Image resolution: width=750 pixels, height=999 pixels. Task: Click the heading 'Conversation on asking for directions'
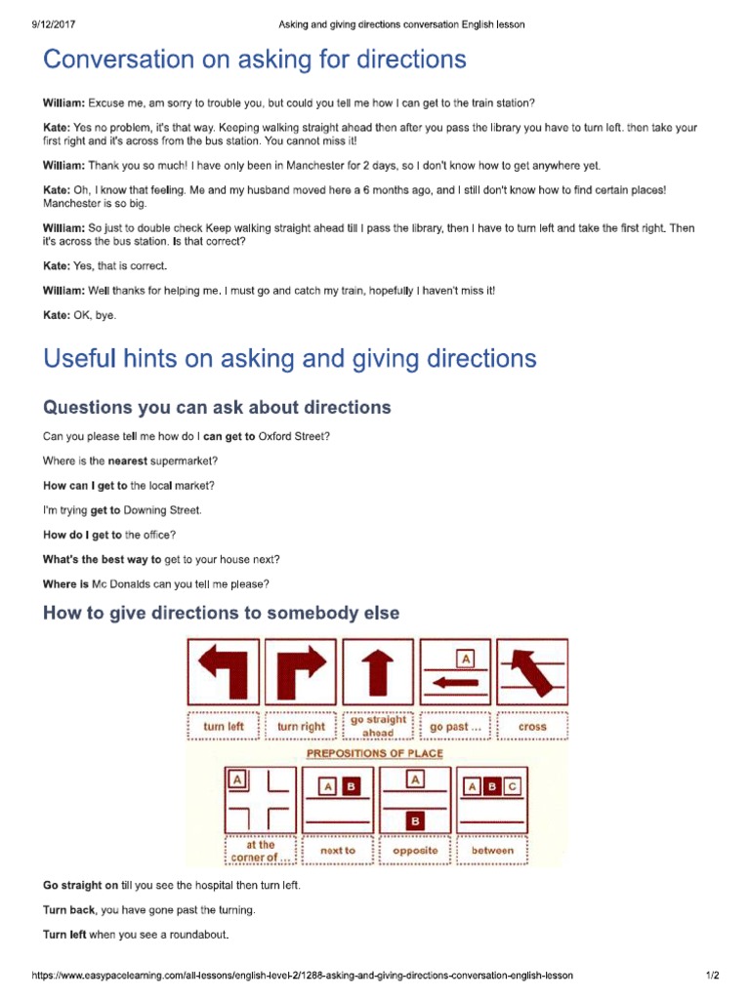click(x=254, y=60)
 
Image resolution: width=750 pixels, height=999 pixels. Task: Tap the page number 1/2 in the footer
click(x=712, y=975)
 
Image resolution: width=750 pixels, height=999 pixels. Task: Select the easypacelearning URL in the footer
click(x=303, y=975)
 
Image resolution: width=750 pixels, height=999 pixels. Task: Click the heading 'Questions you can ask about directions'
click(x=217, y=407)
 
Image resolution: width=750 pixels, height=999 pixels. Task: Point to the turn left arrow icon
click(x=223, y=672)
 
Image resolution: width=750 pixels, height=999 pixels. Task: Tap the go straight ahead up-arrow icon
click(x=378, y=672)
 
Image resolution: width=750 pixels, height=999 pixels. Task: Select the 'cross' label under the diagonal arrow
click(x=532, y=727)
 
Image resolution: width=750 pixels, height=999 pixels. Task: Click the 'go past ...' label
click(x=455, y=727)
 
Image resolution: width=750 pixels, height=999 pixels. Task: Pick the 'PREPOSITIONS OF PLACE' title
click(x=376, y=753)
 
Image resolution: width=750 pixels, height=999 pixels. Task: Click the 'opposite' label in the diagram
click(x=415, y=851)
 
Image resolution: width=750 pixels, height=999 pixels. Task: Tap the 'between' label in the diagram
click(x=492, y=851)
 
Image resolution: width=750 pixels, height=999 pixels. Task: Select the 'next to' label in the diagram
click(x=338, y=851)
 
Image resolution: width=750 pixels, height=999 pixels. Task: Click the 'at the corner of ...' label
click(x=261, y=852)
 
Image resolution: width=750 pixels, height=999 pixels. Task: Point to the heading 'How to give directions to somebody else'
click(x=222, y=613)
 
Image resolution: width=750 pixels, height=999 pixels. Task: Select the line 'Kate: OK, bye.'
click(x=79, y=315)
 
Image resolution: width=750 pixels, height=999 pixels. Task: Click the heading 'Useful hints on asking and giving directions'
click(x=290, y=359)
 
